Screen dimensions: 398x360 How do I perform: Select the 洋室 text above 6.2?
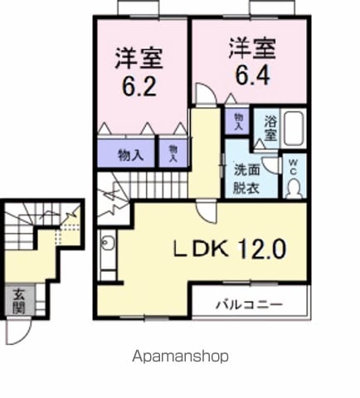pos(139,59)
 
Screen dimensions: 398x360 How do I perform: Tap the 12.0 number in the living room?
pos(263,248)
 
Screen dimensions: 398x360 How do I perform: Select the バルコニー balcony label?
pos(251,304)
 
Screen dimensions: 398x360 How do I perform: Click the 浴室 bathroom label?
pos(271,129)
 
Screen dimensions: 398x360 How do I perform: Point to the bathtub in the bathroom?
pos(294,130)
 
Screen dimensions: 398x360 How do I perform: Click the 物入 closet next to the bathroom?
pos(239,122)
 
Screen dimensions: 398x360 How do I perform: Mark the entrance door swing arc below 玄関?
pos(18,332)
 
